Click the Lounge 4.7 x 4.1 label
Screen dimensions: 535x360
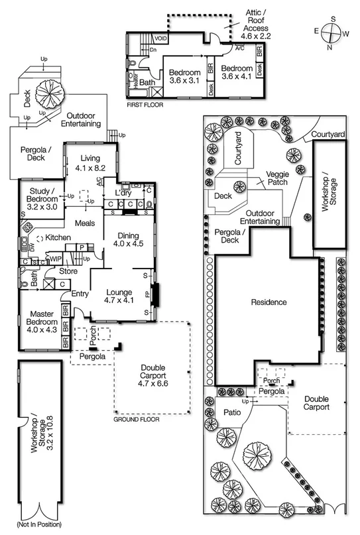tap(119, 298)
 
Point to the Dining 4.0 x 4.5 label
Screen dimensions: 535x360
tap(127, 239)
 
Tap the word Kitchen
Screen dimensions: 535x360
tap(58, 237)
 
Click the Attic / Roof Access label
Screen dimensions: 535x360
tap(255, 21)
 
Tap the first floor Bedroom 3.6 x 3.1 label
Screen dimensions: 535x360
tap(184, 76)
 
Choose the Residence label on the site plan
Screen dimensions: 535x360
tap(269, 302)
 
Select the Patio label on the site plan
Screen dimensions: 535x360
tap(217, 412)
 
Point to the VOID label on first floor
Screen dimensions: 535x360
tap(160, 39)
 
